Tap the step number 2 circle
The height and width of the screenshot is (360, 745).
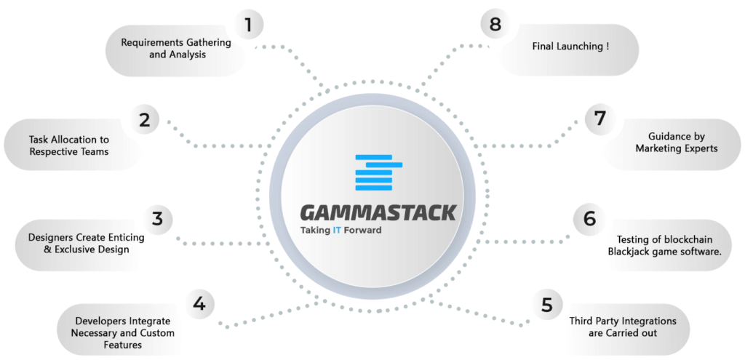[145, 120]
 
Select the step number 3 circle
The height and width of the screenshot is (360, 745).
[158, 219]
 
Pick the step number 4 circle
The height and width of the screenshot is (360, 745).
[199, 304]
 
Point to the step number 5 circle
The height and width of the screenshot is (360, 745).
[547, 305]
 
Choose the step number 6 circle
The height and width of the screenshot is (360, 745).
[589, 219]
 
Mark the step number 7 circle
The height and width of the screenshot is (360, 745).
[600, 119]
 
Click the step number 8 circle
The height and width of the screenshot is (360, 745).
[495, 24]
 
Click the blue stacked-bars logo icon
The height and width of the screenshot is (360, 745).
[378, 172]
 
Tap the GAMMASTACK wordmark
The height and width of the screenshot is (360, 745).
[378, 213]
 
